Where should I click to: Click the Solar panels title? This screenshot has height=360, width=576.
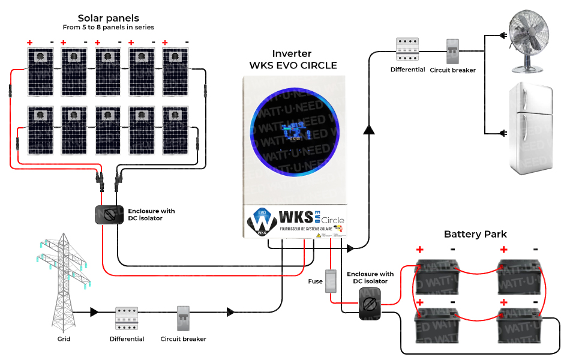108,18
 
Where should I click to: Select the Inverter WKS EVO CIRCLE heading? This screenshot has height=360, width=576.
293,59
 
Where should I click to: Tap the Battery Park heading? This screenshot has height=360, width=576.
475,234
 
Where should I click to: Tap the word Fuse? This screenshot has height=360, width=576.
315,281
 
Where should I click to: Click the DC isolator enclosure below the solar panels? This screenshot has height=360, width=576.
109,215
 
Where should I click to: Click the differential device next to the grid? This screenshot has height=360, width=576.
127,319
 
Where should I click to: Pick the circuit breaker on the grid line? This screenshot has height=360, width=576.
184,319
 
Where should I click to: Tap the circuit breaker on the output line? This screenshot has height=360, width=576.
452,52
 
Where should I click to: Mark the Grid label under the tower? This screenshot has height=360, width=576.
64,339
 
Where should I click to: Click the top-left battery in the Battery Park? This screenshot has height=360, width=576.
437,274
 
